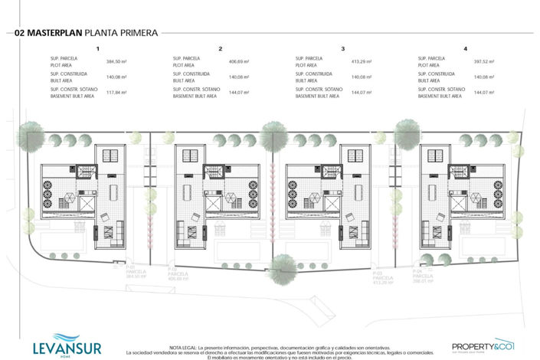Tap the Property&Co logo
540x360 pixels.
483,345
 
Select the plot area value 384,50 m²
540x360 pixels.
116,61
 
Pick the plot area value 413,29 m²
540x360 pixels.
361,61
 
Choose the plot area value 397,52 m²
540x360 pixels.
483,61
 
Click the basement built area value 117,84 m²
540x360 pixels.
116,93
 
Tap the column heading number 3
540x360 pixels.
342,48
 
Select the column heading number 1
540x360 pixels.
97,48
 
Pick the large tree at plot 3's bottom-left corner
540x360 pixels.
286,264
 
